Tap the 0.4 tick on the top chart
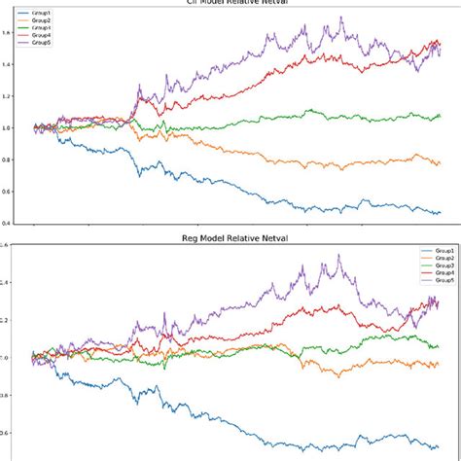(6, 223)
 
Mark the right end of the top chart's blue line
(440, 212)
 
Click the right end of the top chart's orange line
(440, 162)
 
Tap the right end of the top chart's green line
(440, 117)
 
